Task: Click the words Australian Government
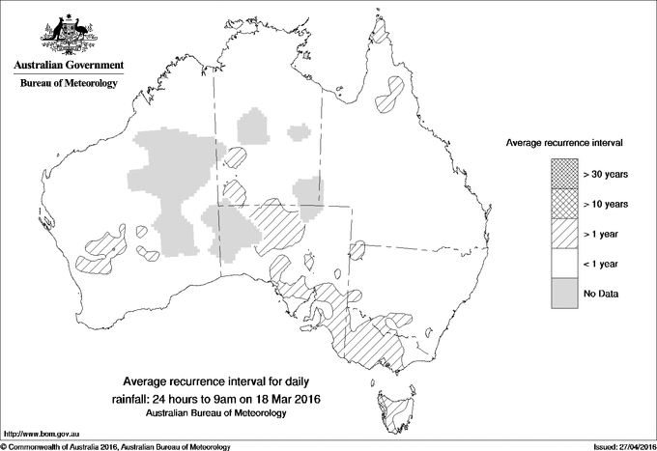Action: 68,66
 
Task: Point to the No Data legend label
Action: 602,293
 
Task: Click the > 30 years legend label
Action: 606,173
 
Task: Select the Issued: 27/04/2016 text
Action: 618,446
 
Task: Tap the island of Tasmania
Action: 391,407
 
